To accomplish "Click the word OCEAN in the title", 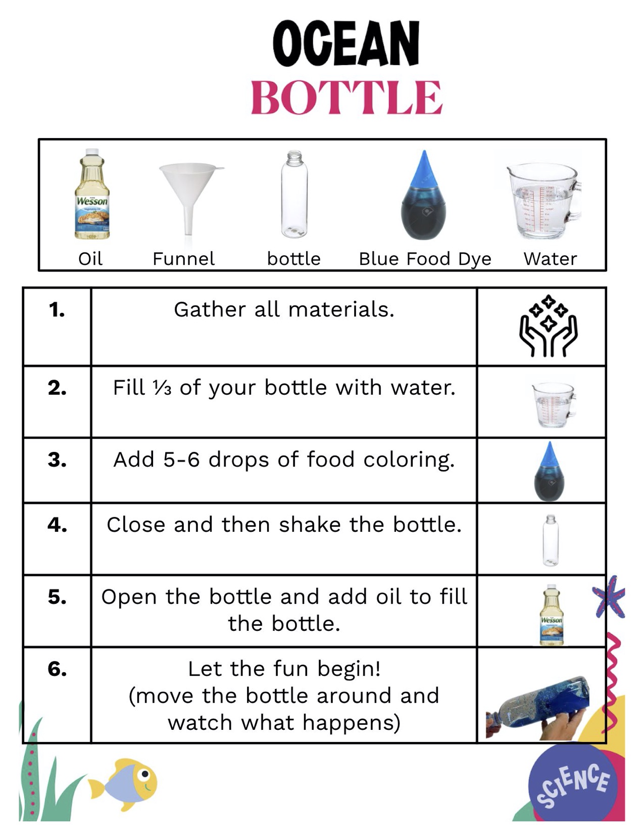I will [346, 44].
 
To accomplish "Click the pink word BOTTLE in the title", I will [346, 98].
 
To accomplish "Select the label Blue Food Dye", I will [425, 259].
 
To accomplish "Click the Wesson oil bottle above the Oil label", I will [92, 195].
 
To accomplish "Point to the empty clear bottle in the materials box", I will [294, 195].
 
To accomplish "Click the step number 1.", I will [57, 310].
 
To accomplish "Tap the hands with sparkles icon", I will [548, 327].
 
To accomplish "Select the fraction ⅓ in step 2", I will [162, 388].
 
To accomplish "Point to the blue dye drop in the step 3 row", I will [550, 471].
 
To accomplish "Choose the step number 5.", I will [57, 597].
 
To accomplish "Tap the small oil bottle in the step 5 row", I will [551, 615].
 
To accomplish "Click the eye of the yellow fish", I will [145, 774].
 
